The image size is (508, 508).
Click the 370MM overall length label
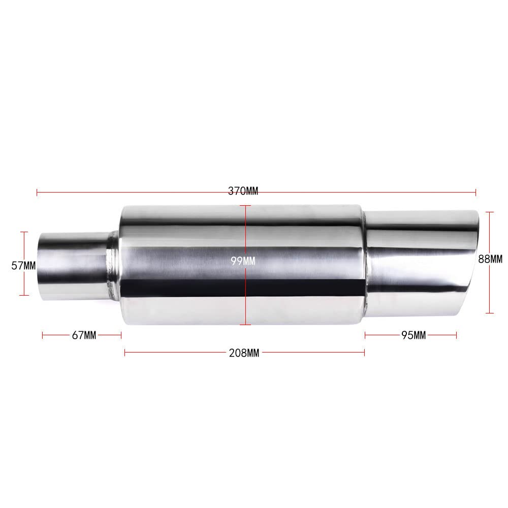tap(243, 192)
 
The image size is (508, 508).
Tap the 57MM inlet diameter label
tap(23, 265)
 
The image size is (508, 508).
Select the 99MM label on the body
tap(242, 261)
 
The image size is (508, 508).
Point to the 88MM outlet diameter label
tap(490, 259)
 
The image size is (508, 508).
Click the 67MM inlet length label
tap(84, 335)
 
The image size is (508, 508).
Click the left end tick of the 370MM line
tap(37, 192)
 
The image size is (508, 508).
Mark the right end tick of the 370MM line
tap(475, 192)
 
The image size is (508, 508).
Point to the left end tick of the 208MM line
tap(125, 353)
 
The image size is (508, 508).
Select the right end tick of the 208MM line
tap(364, 353)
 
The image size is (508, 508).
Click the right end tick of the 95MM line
tap(457, 335)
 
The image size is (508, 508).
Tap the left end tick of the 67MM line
tap(43, 335)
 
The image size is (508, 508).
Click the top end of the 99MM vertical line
tap(245, 206)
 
